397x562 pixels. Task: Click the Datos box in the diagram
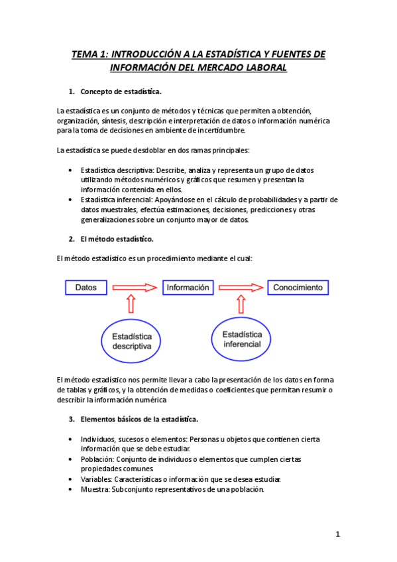pos(86,288)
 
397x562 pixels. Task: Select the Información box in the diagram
pos(188,288)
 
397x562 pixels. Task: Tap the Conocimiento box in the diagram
pos(298,288)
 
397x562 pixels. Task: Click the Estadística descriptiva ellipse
pos(132,341)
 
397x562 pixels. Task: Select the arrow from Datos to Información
pos(136,288)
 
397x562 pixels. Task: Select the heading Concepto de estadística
pos(121,91)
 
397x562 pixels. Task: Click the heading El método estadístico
pos(117,239)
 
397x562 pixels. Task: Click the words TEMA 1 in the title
pos(89,54)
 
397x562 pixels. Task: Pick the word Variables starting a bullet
pos(96,479)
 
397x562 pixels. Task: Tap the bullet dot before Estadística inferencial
pos(71,199)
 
